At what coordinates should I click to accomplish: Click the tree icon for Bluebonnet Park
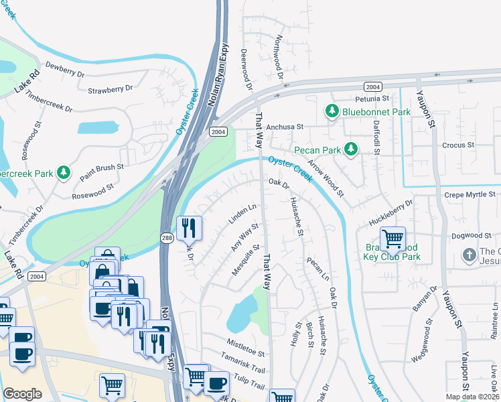point(332,112)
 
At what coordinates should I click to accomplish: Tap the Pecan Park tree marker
point(350,149)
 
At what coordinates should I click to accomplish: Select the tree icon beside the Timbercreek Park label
point(64,173)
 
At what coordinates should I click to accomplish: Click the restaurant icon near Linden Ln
point(189,227)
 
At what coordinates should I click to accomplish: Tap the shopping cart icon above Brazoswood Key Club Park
point(392,237)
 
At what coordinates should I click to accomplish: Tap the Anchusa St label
point(285,126)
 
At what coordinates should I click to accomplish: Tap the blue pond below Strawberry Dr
point(98,127)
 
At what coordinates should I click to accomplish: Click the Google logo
point(23,394)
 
